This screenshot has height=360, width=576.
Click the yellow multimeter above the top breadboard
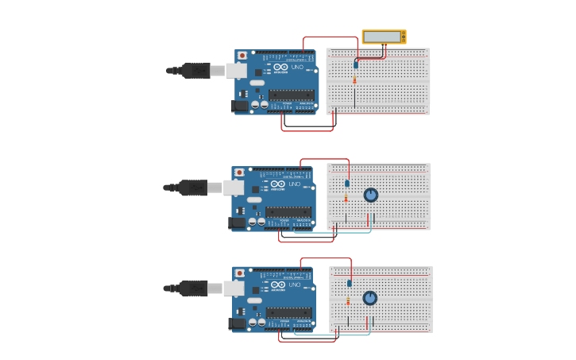tap(384, 37)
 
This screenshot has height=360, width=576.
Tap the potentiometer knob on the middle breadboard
tap(371, 195)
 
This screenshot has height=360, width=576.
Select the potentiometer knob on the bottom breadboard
tap(369, 298)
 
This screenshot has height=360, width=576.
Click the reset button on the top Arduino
tap(242, 56)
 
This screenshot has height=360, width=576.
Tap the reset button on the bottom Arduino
tap(240, 273)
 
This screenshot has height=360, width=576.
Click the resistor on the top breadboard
tap(354, 79)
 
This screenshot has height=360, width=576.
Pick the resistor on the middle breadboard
tap(346, 198)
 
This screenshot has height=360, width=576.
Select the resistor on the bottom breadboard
tap(348, 300)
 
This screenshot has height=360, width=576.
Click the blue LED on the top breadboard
tap(356, 64)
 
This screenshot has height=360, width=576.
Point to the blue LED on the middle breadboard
tap(347, 184)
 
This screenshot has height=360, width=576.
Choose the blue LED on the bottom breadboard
tap(349, 283)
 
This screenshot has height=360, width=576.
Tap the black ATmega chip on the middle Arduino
tap(288, 212)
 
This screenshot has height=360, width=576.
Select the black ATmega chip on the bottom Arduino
tap(288, 312)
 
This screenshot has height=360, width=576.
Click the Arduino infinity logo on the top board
tap(280, 68)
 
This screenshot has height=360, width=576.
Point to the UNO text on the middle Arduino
tap(295, 184)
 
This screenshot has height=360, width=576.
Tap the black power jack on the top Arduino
tap(239, 106)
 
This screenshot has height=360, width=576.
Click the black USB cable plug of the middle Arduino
tap(193, 188)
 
